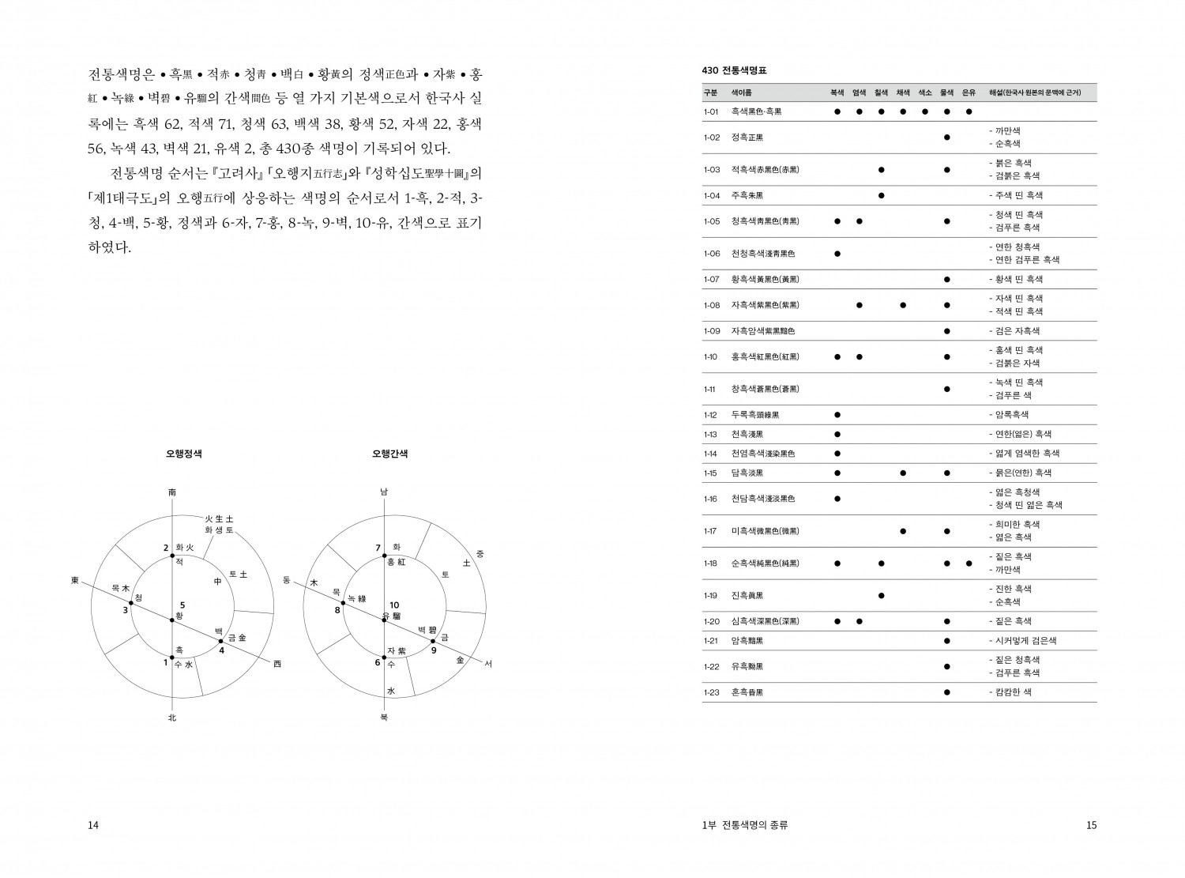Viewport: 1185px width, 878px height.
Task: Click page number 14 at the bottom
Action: tap(93, 825)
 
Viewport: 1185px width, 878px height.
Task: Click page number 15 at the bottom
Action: tap(1091, 825)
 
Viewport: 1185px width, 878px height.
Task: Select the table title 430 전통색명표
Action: tap(734, 71)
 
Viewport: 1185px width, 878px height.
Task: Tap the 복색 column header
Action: tap(837, 92)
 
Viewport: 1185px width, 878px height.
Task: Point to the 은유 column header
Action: tap(969, 92)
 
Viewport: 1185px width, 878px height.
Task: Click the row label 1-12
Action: tap(710, 415)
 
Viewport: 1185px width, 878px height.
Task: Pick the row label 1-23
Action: tap(710, 692)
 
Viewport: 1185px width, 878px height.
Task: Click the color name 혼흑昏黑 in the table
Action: tap(747, 692)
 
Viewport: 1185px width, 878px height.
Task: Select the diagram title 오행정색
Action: tap(183, 454)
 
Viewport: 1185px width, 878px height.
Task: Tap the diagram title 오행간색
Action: tap(390, 454)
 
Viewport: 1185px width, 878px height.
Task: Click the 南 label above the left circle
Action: tap(172, 492)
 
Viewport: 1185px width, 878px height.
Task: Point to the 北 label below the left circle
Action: tap(172, 718)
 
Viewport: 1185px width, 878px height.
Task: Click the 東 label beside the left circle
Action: tap(75, 581)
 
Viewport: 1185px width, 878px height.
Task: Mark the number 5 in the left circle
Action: tap(182, 605)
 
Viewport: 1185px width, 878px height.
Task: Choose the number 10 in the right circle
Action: tap(393, 605)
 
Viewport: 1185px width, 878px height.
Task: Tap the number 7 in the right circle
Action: tap(378, 548)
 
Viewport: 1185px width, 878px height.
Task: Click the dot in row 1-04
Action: tap(881, 195)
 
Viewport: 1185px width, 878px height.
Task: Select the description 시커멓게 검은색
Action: tap(1025, 641)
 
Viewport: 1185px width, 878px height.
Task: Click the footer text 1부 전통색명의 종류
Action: tap(744, 825)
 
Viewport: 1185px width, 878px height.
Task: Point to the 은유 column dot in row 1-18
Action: tap(969, 563)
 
